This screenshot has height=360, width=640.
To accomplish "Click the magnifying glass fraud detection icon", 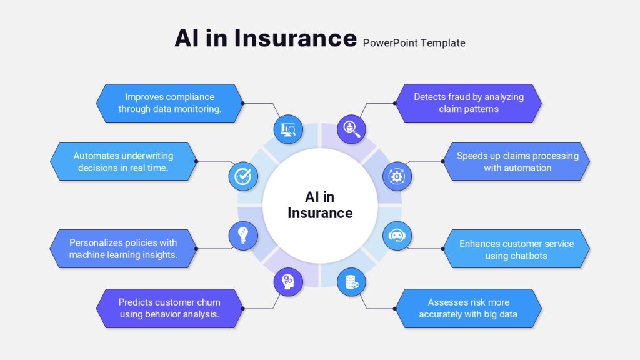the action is (351, 129).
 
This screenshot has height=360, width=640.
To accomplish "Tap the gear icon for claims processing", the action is (397, 176).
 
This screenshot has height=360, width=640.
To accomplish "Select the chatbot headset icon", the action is (397, 236).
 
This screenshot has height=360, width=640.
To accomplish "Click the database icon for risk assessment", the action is (351, 282).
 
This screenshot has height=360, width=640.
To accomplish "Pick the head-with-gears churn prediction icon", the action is (288, 282).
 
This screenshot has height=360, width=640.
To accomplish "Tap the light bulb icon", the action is (243, 236).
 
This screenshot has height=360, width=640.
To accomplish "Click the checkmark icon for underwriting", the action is (243, 176).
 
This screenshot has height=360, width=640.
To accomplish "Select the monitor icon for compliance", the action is (288, 129).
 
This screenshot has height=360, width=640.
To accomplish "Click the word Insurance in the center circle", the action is (320, 213).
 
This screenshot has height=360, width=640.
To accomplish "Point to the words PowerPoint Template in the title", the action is (414, 43).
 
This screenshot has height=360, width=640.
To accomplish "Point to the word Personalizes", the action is (96, 243).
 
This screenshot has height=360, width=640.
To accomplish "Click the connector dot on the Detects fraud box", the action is (395, 103).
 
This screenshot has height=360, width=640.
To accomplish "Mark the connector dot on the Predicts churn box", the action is (243, 309).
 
